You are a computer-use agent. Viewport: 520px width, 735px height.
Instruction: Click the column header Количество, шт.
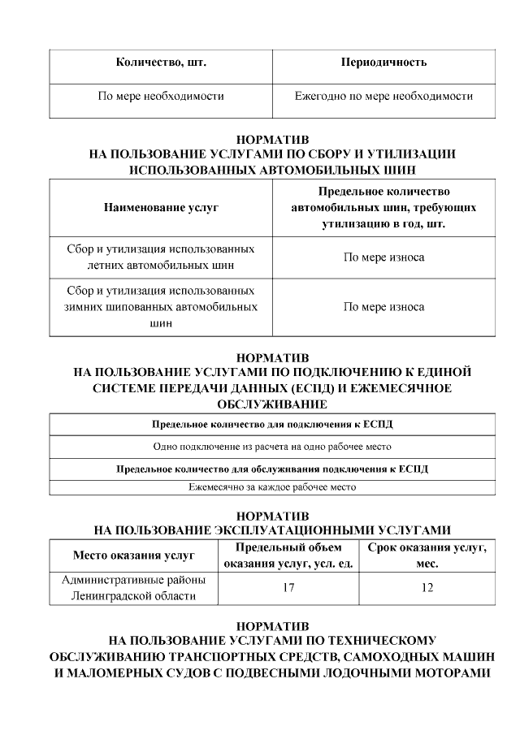pos(160,63)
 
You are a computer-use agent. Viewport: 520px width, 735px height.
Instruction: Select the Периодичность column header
pos(383,63)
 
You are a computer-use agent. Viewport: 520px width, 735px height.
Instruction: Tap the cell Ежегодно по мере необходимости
pos(383,96)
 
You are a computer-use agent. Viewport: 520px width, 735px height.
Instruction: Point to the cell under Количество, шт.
pos(160,96)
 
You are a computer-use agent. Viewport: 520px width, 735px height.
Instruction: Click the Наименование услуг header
pos(160,208)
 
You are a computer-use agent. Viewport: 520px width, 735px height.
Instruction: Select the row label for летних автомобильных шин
pos(160,257)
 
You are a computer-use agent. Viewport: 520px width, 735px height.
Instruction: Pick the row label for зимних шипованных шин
pos(160,307)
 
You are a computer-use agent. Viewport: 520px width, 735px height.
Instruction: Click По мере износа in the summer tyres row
pos(383,257)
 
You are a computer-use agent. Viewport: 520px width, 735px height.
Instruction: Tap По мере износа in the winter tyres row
pos(383,307)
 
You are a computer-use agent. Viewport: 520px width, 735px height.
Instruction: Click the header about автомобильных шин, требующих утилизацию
pos(383,208)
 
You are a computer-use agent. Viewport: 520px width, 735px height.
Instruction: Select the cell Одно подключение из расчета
pos(272,447)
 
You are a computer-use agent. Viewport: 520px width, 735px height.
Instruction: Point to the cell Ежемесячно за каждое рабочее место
pos(272,487)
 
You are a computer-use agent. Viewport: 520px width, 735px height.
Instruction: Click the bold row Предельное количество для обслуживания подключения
pos(272,469)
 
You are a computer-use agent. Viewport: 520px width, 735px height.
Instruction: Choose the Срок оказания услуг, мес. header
pos(427,556)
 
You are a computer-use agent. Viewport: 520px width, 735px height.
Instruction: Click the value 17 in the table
pos(288,588)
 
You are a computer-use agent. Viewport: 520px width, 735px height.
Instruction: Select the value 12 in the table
pos(427,588)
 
